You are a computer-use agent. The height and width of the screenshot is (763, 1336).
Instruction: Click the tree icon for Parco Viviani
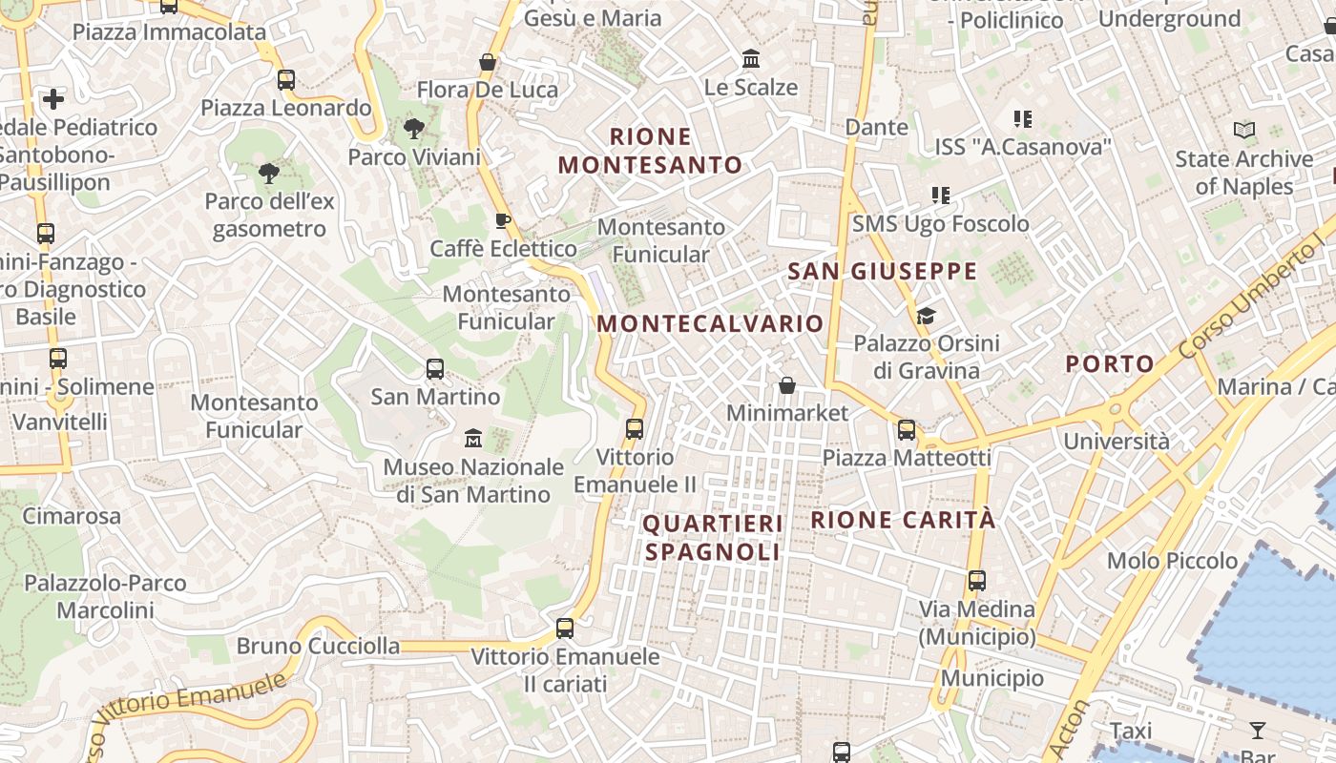[414, 129]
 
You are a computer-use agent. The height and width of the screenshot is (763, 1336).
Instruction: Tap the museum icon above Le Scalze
[751, 59]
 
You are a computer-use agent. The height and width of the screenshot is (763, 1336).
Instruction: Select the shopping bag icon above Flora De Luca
[488, 63]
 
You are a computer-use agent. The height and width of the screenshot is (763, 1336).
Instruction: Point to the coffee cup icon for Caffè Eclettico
[503, 221]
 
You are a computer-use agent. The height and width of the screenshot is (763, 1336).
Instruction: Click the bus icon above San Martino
[435, 368]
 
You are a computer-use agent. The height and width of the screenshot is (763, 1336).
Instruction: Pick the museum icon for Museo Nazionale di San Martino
[473, 439]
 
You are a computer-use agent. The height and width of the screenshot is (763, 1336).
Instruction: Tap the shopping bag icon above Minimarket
[787, 385]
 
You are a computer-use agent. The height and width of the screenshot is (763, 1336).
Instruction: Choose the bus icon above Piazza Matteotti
[907, 430]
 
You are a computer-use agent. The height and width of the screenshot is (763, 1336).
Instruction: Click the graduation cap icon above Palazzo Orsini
[926, 316]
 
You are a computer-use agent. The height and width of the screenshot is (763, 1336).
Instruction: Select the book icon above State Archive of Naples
[1244, 131]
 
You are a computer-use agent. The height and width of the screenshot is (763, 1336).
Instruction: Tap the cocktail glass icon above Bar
[1258, 731]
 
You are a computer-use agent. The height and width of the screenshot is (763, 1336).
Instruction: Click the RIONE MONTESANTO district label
[650, 151]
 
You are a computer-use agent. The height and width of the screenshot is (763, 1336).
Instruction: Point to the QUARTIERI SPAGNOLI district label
[713, 537]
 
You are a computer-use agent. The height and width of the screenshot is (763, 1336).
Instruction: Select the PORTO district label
[1110, 363]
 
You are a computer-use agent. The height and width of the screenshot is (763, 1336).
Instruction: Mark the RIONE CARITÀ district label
[903, 520]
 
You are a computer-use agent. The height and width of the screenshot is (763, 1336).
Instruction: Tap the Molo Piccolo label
[1172, 560]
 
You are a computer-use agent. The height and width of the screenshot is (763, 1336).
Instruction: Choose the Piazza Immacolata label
[169, 31]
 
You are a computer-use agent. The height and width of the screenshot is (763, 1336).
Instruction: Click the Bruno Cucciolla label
[319, 646]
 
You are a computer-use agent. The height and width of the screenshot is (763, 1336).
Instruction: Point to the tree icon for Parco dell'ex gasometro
[269, 174]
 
